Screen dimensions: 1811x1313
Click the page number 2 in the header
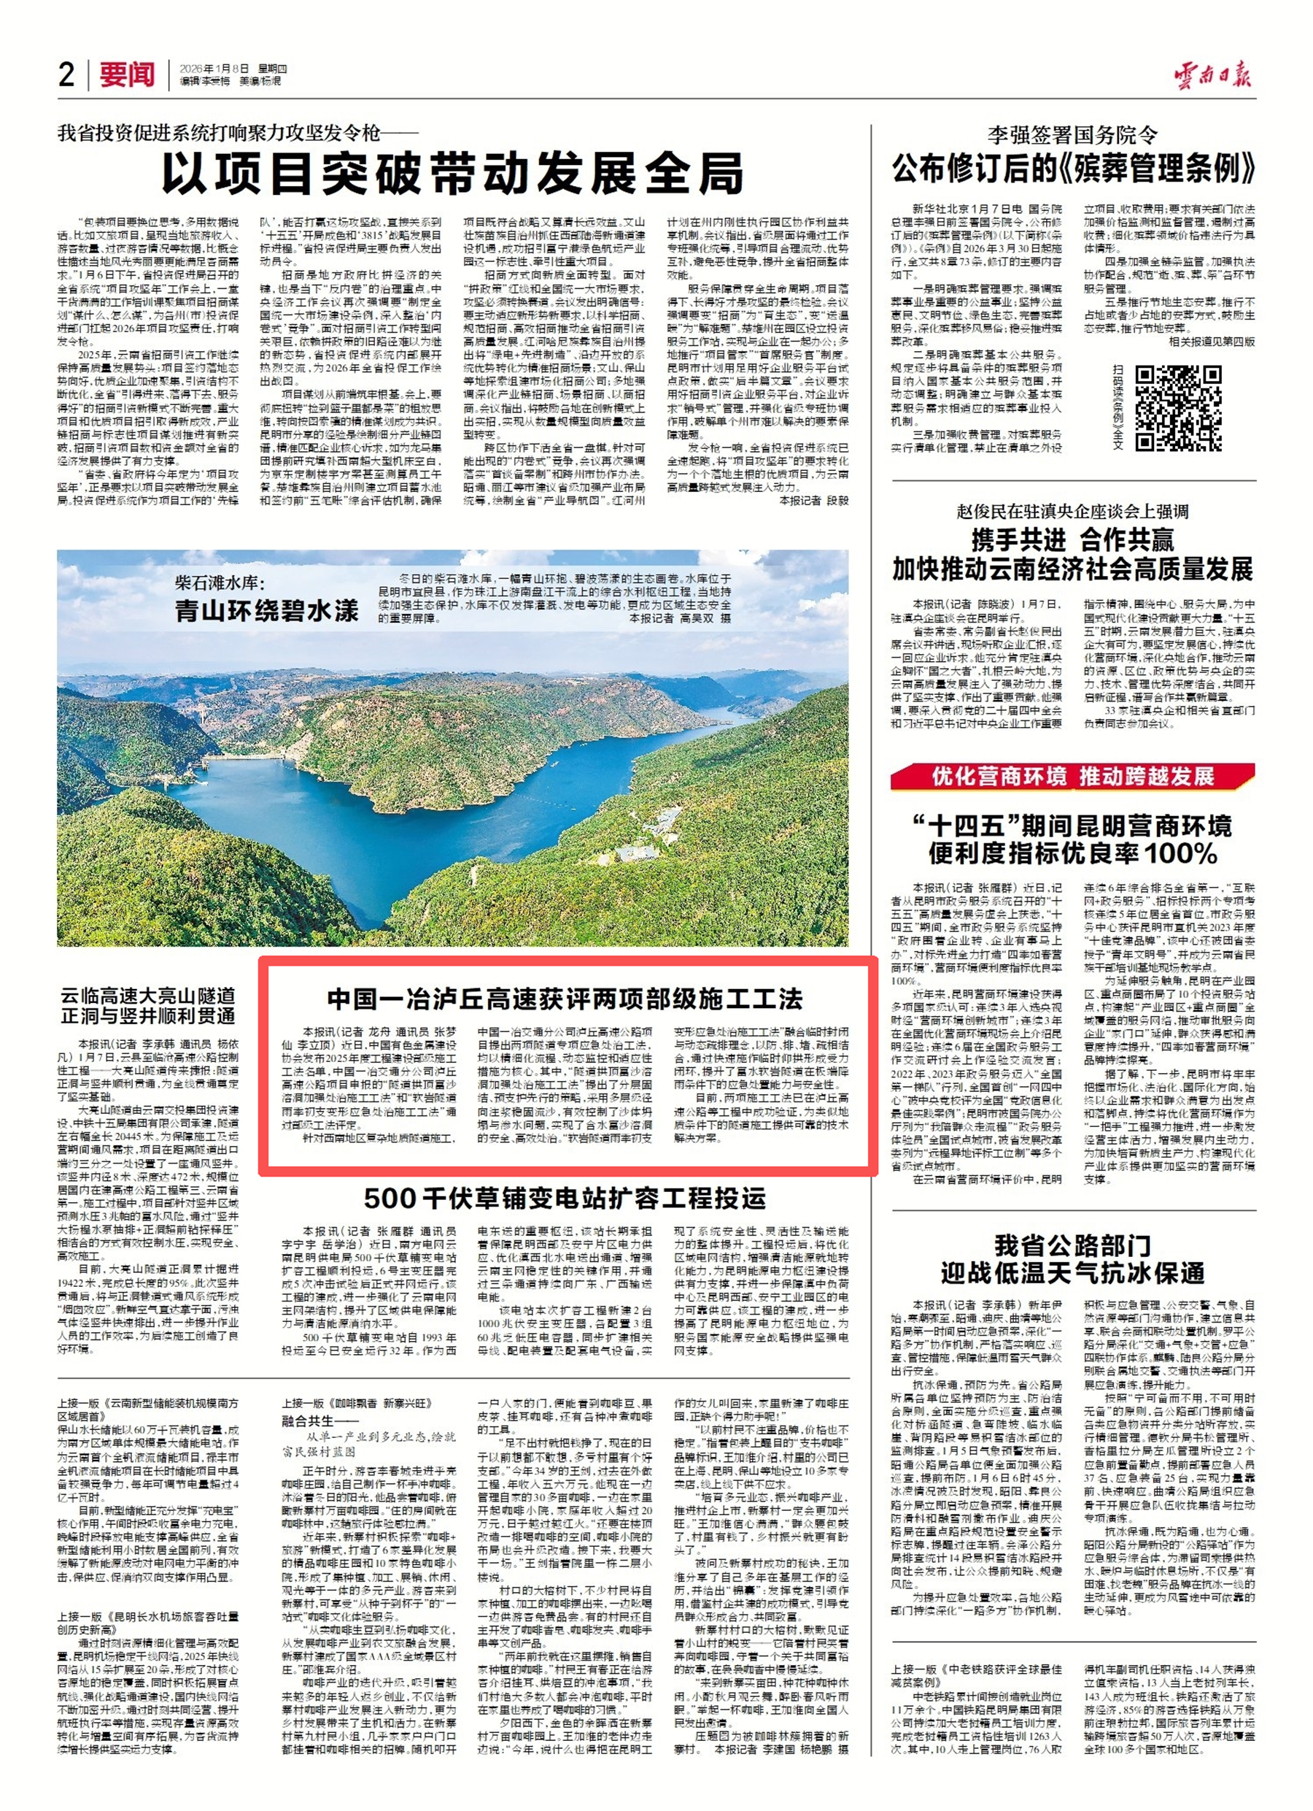pyautogui.click(x=67, y=74)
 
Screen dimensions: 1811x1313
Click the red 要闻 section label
pyautogui.click(x=128, y=74)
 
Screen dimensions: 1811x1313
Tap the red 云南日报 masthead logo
pyautogui.click(x=1212, y=74)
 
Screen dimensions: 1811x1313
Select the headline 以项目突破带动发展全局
pyautogui.click(x=452, y=174)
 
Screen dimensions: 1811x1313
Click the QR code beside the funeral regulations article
pyautogui.click(x=1178, y=408)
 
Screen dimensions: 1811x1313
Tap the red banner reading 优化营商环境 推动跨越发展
pyautogui.click(x=1073, y=775)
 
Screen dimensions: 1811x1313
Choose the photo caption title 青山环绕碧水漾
pyautogui.click(x=266, y=611)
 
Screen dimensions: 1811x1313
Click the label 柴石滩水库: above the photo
pyautogui.click(x=220, y=582)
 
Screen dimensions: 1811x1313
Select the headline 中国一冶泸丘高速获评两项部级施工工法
pyautogui.click(x=565, y=998)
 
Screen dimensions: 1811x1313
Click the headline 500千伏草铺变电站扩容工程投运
pyautogui.click(x=565, y=1198)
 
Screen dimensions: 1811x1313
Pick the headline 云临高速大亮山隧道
pyautogui.click(x=149, y=996)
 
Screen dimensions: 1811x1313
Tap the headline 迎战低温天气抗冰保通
pyautogui.click(x=1072, y=1273)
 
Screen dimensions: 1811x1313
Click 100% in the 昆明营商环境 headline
pyautogui.click(x=1180, y=853)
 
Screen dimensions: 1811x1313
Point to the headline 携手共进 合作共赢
pyautogui.click(x=1072, y=541)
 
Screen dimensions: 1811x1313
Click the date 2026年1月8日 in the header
pyautogui.click(x=214, y=69)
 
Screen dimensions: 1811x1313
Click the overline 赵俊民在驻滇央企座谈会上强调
pyautogui.click(x=1072, y=511)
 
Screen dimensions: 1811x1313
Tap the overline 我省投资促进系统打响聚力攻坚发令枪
pyautogui.click(x=237, y=133)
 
